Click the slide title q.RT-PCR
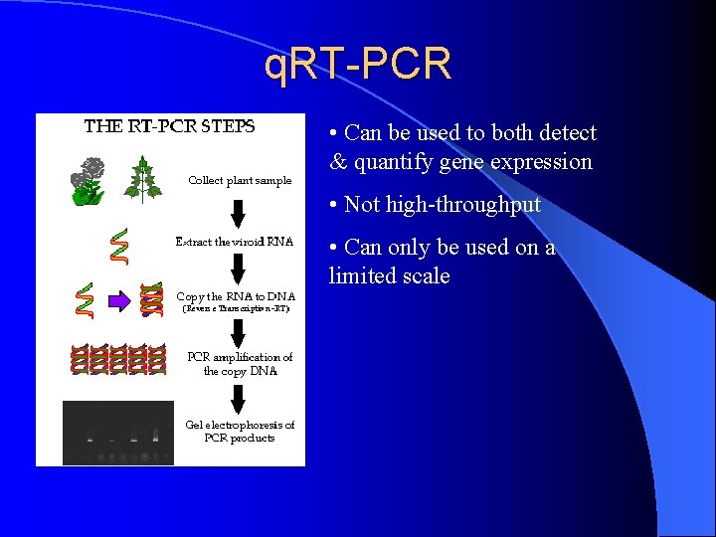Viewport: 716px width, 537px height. [x=358, y=64]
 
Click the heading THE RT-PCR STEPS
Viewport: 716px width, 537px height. [x=170, y=126]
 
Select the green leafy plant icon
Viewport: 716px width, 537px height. [x=144, y=179]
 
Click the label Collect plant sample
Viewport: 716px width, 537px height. [x=240, y=180]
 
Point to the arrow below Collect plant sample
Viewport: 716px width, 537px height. [x=239, y=212]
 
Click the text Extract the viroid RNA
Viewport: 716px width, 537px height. [x=235, y=242]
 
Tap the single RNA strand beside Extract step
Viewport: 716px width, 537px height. [x=118, y=246]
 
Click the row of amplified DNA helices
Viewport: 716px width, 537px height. [x=117, y=360]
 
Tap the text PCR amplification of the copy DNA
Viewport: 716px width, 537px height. [x=240, y=364]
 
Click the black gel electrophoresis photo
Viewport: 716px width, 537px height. [x=117, y=432]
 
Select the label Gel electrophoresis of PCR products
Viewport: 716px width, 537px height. [x=240, y=431]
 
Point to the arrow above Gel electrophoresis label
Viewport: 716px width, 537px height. [x=239, y=398]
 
